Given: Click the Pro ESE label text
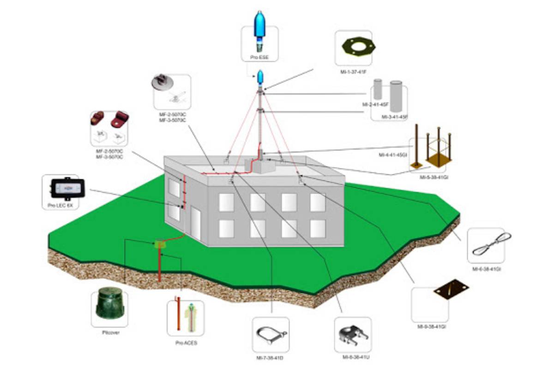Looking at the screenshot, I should (x=260, y=58).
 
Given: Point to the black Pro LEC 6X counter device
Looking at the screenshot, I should (x=67, y=188).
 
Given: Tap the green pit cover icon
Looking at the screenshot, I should (x=109, y=304).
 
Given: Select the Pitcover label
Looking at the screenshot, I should (x=109, y=332).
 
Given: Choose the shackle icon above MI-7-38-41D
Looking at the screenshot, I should (x=271, y=334).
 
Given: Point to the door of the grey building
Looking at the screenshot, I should (x=196, y=224).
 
